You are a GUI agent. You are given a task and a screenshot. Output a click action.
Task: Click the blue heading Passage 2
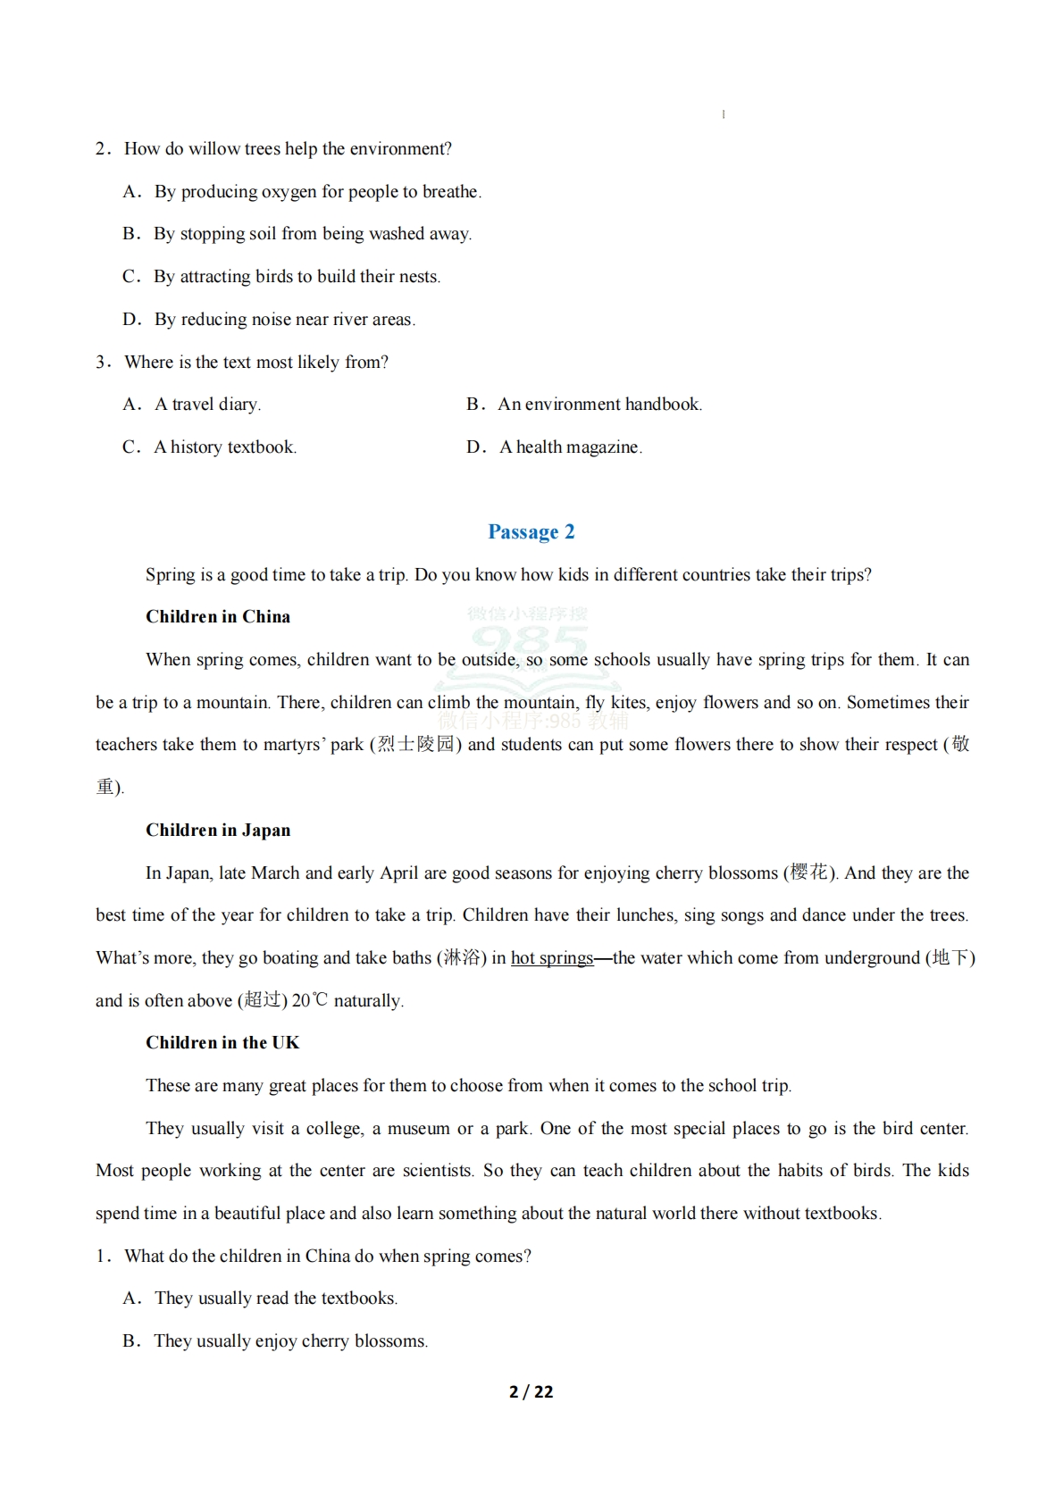[531, 532]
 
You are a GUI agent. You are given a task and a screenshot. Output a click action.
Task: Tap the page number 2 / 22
[531, 1391]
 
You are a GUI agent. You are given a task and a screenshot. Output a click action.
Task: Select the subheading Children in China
[218, 617]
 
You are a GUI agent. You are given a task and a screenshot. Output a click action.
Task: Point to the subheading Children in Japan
[218, 831]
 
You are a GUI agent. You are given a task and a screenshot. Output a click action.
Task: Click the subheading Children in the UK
[222, 1043]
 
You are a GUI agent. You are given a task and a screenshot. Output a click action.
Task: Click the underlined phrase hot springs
[552, 958]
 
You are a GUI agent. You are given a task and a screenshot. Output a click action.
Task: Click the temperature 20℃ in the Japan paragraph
[310, 1001]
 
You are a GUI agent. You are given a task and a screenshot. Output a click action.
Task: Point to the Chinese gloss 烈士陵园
[416, 745]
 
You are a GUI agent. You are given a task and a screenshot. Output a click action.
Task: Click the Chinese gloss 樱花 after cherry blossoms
[809, 873]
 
